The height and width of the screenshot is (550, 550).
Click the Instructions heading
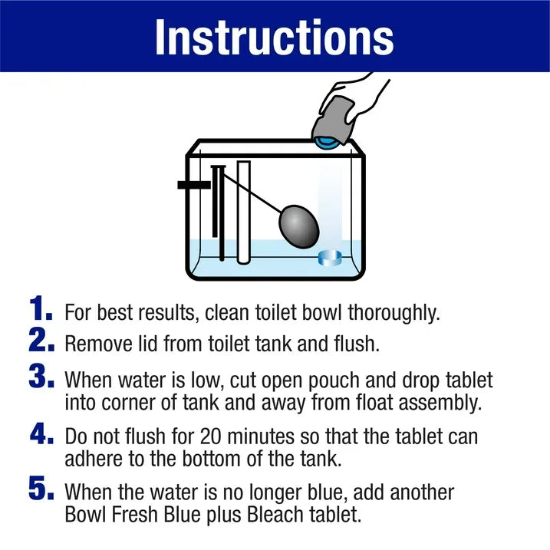click(274, 36)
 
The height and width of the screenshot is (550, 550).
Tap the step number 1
click(41, 310)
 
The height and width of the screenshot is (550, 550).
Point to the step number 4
click(41, 434)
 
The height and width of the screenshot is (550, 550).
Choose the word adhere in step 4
click(93, 458)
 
